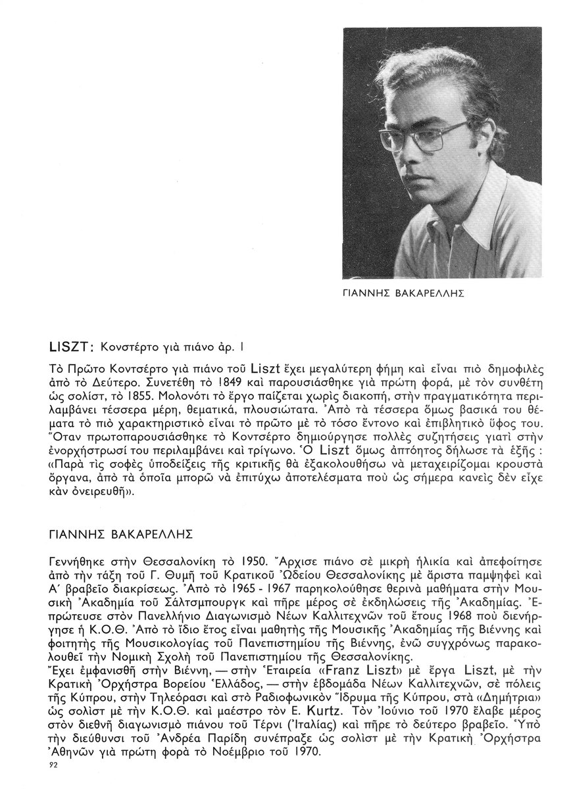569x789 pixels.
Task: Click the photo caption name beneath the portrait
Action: pos(405,294)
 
